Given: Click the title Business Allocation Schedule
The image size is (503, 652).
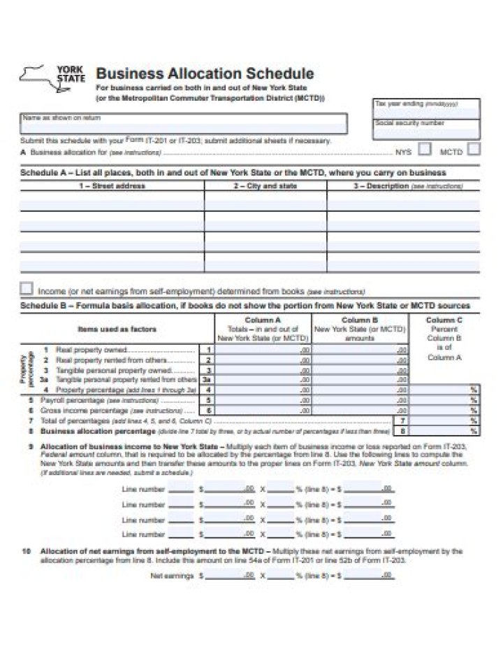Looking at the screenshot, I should (204, 73).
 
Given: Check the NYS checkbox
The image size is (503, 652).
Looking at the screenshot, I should (424, 149).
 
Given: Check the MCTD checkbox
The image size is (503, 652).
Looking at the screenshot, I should (473, 149).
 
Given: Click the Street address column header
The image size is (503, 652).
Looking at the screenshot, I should (112, 186).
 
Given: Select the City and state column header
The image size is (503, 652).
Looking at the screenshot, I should (265, 186).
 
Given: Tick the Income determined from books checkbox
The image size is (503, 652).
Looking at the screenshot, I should (27, 288).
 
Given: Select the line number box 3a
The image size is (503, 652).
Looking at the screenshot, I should (207, 379).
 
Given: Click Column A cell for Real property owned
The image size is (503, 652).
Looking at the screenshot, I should (263, 350).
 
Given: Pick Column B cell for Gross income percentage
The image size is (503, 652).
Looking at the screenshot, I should (360, 411).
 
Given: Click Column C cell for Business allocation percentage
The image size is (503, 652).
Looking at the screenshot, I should (444, 432).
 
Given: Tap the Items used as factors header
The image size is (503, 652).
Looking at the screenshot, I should (117, 329).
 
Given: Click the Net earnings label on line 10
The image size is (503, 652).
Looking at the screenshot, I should (172, 576).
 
